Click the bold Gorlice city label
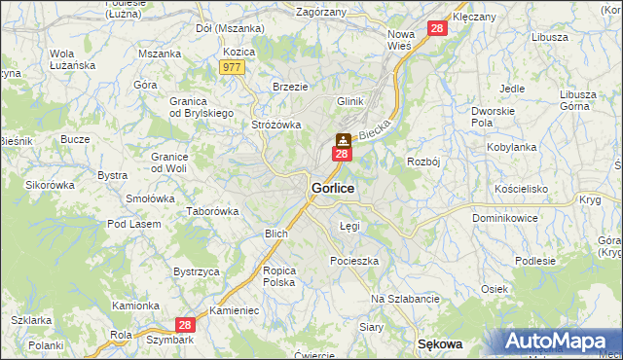coord(332,187)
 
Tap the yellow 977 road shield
coord(232,67)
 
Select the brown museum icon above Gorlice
coord(343,139)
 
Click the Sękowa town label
coord(438,344)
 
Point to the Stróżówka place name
coord(276,125)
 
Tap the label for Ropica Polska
coord(278,276)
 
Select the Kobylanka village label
coord(511,147)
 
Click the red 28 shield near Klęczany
coord(436,30)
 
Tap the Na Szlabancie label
coord(405,299)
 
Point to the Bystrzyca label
coord(196,271)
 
